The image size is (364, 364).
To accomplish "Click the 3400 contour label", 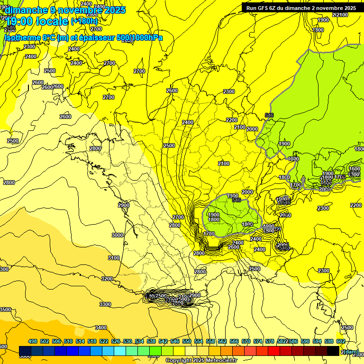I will point(101,328).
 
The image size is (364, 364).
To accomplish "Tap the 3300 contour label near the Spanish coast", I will point(105,304).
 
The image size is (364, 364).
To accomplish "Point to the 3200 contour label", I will point(108,279).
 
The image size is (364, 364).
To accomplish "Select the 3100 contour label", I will point(114,258).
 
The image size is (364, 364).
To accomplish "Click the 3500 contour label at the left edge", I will point(5,309).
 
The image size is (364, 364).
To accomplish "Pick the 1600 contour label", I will point(355,169).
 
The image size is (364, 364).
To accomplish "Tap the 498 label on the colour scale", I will point(33,341).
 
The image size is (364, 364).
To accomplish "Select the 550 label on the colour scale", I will point(187,341).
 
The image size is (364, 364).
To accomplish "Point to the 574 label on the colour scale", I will point(258,341).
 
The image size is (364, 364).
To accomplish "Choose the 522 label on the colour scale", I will point(104,341).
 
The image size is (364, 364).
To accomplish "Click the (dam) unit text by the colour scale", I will point(350,351).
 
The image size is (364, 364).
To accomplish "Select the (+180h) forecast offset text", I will point(84,21).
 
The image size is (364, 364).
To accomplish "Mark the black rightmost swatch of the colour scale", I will point(334,351).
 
